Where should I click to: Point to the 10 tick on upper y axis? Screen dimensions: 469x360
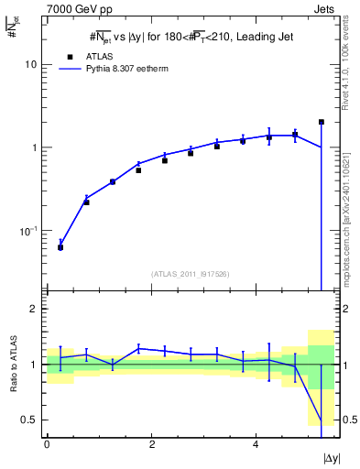point(31,65)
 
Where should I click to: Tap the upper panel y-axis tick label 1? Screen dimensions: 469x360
point(35,147)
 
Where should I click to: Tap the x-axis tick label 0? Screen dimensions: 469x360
point(47,442)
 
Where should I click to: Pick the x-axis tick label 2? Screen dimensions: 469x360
point(151,442)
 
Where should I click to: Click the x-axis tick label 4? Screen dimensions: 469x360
point(256,442)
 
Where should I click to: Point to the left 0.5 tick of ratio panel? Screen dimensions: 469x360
point(30,420)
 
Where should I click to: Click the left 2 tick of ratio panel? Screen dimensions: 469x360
point(35,309)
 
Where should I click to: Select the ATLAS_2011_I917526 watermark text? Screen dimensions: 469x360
point(190,274)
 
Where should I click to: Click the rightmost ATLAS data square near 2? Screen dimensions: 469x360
point(321,122)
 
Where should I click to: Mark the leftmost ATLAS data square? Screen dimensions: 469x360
point(60,247)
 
